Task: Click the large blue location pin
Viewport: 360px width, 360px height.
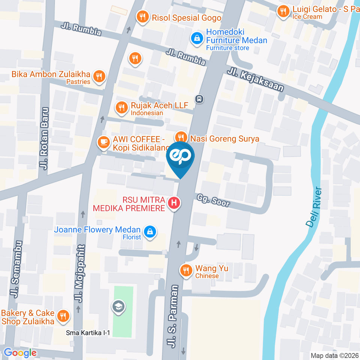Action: [x=180, y=157]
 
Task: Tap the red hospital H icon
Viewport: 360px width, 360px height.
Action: [x=174, y=203]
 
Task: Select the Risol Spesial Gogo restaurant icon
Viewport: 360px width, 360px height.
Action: [x=142, y=16]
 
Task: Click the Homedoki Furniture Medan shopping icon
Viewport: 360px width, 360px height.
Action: [x=196, y=37]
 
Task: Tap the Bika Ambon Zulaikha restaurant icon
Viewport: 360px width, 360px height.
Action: [x=99, y=76]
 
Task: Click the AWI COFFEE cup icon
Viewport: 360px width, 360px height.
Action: [x=103, y=142]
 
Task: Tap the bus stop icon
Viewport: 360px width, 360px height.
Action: [x=199, y=99]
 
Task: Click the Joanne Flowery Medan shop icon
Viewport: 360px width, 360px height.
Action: [x=150, y=231]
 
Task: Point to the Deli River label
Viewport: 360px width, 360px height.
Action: [x=314, y=207]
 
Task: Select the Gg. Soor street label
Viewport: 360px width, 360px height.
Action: [x=212, y=201]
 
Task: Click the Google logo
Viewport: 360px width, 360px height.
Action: [x=20, y=352]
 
